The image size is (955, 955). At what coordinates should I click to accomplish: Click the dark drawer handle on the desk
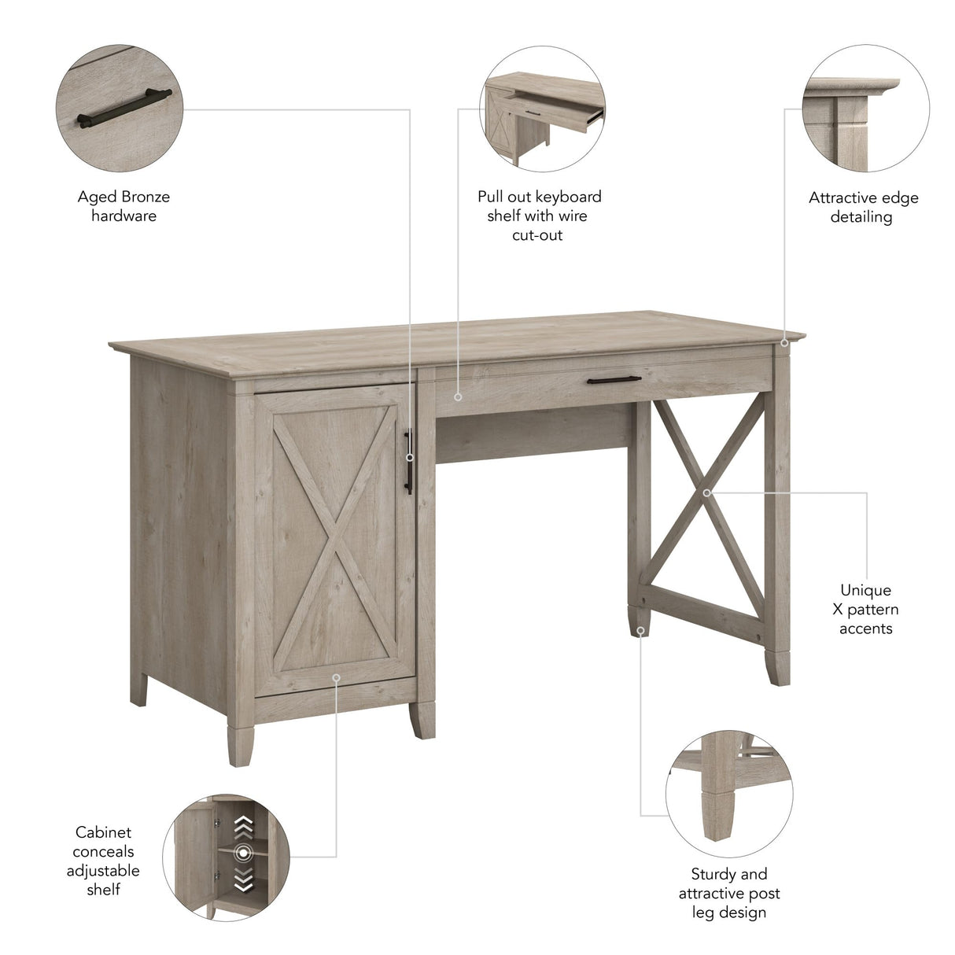(614, 380)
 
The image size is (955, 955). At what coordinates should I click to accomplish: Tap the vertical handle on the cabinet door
(409, 461)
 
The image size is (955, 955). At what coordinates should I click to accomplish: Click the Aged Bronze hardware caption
(124, 206)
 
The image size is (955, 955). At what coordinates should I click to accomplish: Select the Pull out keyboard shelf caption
(539, 216)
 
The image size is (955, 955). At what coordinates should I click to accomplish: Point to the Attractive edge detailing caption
(863, 208)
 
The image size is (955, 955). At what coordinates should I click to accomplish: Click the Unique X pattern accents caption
(865, 609)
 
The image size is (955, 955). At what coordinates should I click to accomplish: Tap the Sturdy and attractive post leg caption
(729, 893)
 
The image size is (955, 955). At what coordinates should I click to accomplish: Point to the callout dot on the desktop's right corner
(784, 342)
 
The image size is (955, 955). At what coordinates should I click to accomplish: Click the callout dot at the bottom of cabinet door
(335, 676)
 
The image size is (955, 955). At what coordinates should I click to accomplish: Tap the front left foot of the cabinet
(240, 743)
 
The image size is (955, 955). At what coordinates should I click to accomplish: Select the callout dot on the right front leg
(641, 630)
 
